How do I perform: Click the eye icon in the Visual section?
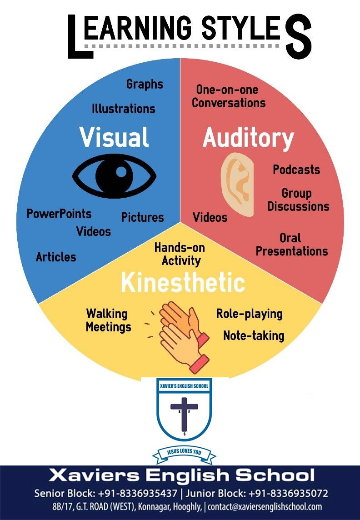click(x=114, y=176)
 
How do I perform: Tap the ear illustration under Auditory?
click(x=237, y=185)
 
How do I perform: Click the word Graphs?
click(x=145, y=85)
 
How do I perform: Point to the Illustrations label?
click(x=123, y=109)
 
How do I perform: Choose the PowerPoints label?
click(x=59, y=214)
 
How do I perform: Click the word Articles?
click(x=56, y=257)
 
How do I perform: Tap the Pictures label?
click(x=143, y=217)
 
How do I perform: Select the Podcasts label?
click(x=296, y=170)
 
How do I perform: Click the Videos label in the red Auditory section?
click(x=210, y=218)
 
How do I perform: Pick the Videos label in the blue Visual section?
click(x=94, y=231)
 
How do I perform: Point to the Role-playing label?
click(x=249, y=314)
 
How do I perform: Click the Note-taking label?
click(x=254, y=335)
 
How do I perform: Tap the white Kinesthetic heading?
click(x=183, y=283)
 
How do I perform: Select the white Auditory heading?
click(x=248, y=138)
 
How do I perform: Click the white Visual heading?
click(x=114, y=137)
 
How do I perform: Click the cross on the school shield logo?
click(x=184, y=413)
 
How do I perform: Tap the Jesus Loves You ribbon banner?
click(x=184, y=452)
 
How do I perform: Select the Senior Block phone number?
click(x=138, y=493)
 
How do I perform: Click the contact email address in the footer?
click(x=265, y=507)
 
